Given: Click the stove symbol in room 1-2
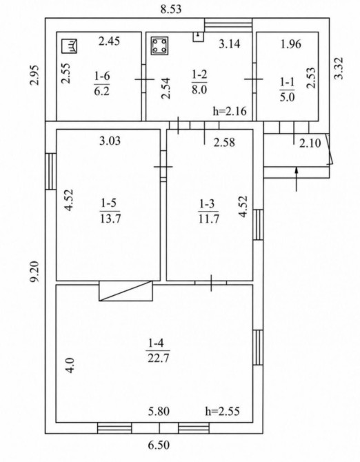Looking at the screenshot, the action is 160,46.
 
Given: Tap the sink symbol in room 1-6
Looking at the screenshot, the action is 69,46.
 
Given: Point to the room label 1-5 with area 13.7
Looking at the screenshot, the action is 110,211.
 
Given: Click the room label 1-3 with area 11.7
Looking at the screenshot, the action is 208,211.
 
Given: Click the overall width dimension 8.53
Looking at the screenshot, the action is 171,9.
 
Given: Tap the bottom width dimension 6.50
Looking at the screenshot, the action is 159,445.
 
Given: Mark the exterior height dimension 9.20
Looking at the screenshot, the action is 36,272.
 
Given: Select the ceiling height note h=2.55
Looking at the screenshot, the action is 222,411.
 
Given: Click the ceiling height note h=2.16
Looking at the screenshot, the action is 230,111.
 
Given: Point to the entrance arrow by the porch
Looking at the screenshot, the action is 297,179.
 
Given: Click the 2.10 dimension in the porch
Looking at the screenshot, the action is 310,143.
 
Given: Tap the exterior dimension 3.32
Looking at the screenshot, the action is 339,68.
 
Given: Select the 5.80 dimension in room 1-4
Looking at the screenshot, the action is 159,411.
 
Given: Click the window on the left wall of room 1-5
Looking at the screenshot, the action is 50,171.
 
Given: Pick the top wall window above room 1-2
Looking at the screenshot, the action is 228,25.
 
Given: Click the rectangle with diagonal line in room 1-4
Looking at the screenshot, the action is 126,291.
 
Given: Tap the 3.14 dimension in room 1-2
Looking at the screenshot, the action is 230,44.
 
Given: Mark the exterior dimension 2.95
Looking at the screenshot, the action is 35,75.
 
